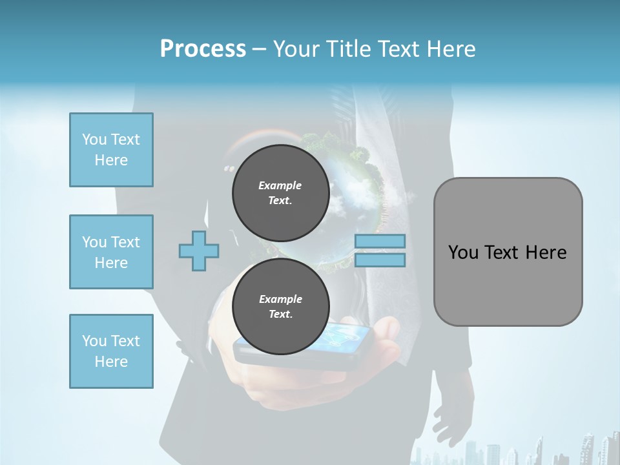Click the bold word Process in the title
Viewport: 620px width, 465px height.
pyautogui.click(x=203, y=49)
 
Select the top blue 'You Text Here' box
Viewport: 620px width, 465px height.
pyautogui.click(x=111, y=150)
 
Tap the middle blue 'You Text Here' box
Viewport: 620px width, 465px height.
pyautogui.click(x=111, y=252)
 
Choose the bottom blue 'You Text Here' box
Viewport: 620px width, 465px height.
pyautogui.click(x=111, y=351)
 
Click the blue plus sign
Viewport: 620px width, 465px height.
pyautogui.click(x=199, y=251)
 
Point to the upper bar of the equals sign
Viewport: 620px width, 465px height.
pyautogui.click(x=380, y=241)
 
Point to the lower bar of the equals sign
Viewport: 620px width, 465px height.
pyautogui.click(x=380, y=260)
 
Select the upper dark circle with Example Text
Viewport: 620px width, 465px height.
pyautogui.click(x=280, y=192)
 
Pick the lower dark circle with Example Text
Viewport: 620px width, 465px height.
pyautogui.click(x=280, y=306)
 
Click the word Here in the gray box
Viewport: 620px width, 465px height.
pyautogui.click(x=546, y=253)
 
